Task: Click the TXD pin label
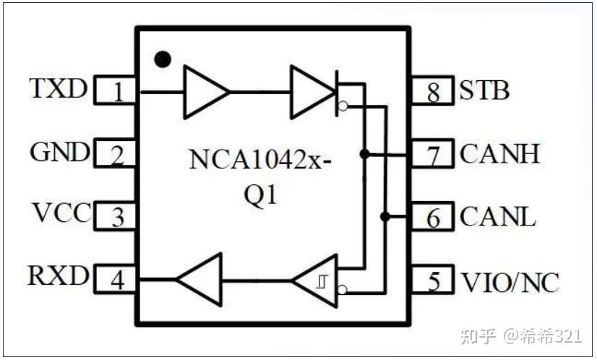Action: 58,89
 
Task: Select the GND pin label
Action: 60,153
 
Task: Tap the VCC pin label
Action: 61,214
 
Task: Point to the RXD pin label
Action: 58,276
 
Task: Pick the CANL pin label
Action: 498,217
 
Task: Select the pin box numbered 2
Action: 117,153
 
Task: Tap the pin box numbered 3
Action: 117,215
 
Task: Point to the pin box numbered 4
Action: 117,278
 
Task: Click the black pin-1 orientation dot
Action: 164,59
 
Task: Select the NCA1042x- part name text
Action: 261,159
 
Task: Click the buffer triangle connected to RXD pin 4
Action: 199,278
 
